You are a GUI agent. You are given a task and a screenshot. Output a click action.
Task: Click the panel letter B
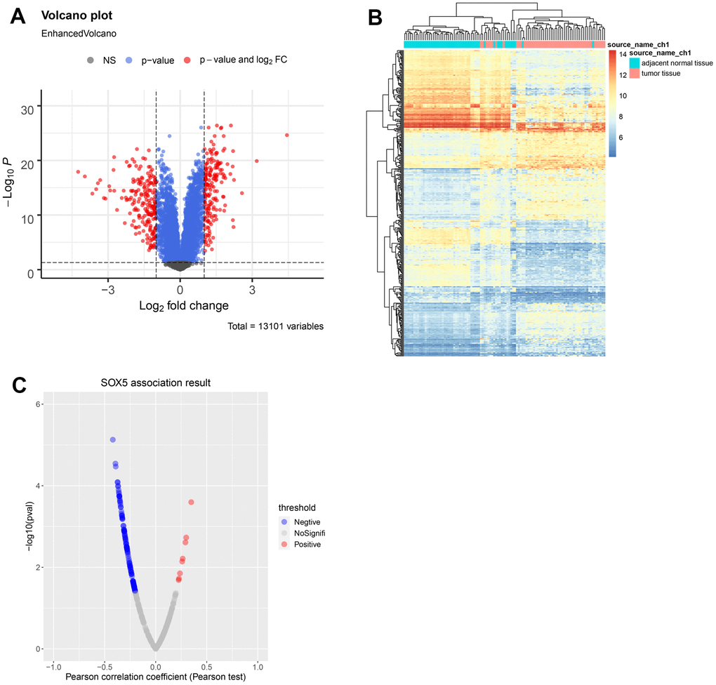375,16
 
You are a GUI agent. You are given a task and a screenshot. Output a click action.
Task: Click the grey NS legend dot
91,60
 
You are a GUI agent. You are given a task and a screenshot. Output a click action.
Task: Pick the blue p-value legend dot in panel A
130,60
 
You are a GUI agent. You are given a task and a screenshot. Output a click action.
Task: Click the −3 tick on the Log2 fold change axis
107,289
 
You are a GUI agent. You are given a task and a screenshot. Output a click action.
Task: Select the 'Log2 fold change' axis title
180,306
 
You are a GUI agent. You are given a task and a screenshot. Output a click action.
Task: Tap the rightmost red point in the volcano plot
286,135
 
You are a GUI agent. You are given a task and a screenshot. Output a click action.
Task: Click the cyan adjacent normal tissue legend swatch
634,62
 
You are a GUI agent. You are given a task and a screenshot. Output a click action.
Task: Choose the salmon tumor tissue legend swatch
634,73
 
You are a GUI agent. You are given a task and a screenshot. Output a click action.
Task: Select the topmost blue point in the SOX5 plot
112,439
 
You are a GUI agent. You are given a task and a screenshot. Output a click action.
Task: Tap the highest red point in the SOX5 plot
191,502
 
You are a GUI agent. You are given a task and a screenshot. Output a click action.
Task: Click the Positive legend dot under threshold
284,544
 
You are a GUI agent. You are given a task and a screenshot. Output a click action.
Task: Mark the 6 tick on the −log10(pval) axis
39,404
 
